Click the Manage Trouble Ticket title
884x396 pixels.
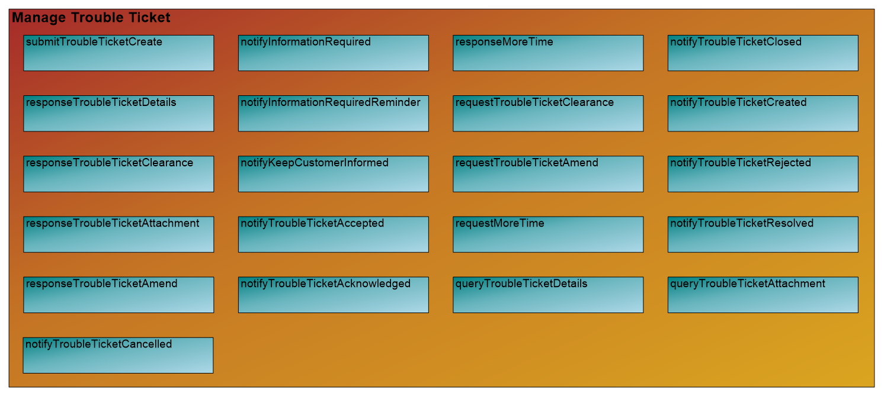click(91, 18)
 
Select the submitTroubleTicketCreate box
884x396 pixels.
click(118, 53)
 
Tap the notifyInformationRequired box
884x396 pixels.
click(333, 53)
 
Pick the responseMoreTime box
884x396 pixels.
click(548, 53)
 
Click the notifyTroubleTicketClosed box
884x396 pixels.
click(763, 53)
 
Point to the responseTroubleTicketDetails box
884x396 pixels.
click(118, 113)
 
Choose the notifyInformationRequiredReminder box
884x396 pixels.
click(333, 113)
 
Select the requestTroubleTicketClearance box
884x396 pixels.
click(548, 113)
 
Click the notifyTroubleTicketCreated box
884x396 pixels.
click(763, 113)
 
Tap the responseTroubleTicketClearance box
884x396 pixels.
click(118, 173)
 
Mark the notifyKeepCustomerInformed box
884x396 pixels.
click(333, 173)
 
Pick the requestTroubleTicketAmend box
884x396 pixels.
click(548, 173)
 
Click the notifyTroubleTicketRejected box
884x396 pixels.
click(763, 173)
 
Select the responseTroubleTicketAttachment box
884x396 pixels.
click(118, 234)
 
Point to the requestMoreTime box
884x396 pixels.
click(548, 234)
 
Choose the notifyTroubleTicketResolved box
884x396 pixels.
click(763, 234)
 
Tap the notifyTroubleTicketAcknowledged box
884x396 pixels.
click(333, 294)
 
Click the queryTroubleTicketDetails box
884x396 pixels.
click(548, 294)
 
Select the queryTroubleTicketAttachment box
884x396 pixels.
click(763, 294)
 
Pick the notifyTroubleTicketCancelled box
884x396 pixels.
click(118, 355)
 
